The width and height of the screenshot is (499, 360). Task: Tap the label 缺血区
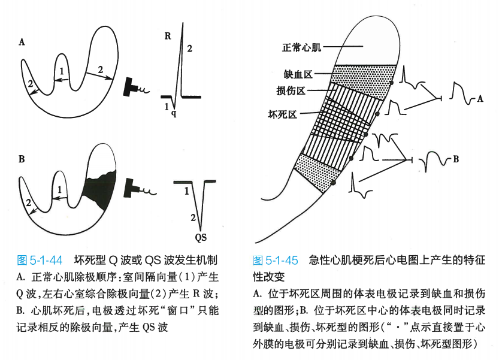point(298,74)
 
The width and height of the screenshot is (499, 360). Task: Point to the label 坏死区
point(282,113)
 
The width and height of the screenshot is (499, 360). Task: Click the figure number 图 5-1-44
point(38,260)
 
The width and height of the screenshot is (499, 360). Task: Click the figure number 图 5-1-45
point(276,260)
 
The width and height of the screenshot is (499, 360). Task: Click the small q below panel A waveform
point(174,112)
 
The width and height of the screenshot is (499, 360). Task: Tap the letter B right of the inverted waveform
point(456,160)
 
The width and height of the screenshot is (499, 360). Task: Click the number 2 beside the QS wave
point(193,216)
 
